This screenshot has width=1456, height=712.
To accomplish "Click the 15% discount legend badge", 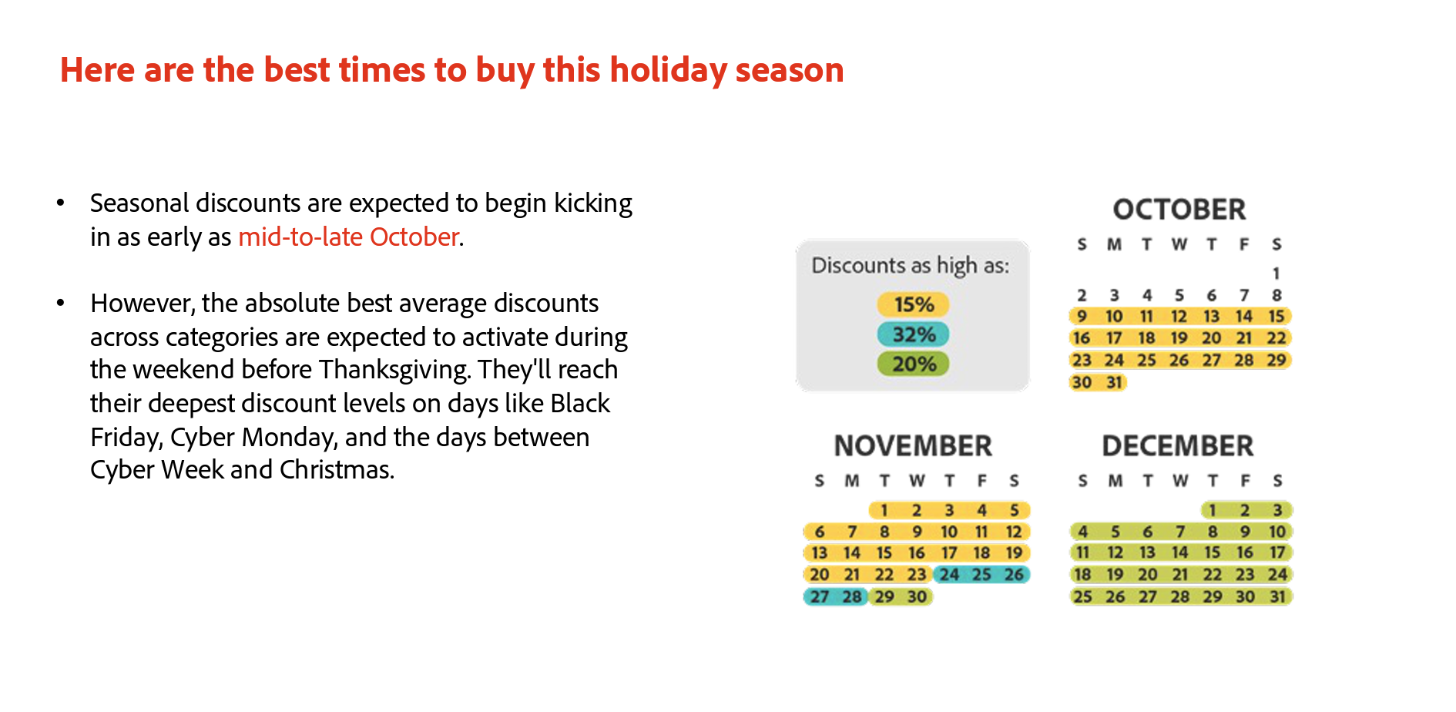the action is coord(913,304).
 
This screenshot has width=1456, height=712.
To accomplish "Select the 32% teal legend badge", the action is coord(913,334).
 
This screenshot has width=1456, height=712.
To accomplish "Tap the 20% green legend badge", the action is coord(913,364).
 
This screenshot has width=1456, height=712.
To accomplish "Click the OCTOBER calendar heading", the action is coord(1179,210).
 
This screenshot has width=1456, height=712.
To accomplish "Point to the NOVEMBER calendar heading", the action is coord(913,446).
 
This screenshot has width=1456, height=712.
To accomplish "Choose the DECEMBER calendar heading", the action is coord(1178,446).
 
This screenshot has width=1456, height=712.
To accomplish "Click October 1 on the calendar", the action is coord(1277,274).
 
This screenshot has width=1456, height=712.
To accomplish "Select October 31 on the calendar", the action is coord(1114,382).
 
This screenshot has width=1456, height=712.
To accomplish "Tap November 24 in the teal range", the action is coord(949,575).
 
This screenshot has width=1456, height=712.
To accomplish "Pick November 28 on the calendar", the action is coord(851,597).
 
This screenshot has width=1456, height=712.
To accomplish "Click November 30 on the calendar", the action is coord(917,597).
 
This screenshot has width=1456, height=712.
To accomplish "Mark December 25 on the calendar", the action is coord(1082,597).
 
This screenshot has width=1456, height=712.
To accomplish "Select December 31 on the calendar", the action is coord(1278,597).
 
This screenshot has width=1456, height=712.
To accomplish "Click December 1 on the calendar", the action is coord(1212,510).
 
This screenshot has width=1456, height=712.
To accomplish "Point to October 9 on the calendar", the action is coord(1082,317).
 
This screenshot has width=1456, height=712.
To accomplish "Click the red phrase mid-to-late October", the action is coord(349,237).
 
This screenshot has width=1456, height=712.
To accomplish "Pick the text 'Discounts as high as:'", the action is coord(911,266).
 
